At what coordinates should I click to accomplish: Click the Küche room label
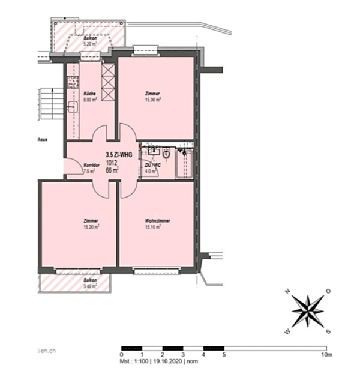click(89, 94)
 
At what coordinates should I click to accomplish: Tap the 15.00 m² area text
click(154, 101)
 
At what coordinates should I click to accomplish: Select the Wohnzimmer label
click(157, 221)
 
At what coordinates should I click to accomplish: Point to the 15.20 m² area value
click(92, 228)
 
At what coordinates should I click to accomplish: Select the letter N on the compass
click(287, 292)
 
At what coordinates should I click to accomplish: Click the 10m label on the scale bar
click(325, 355)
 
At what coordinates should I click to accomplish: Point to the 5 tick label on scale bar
click(224, 355)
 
